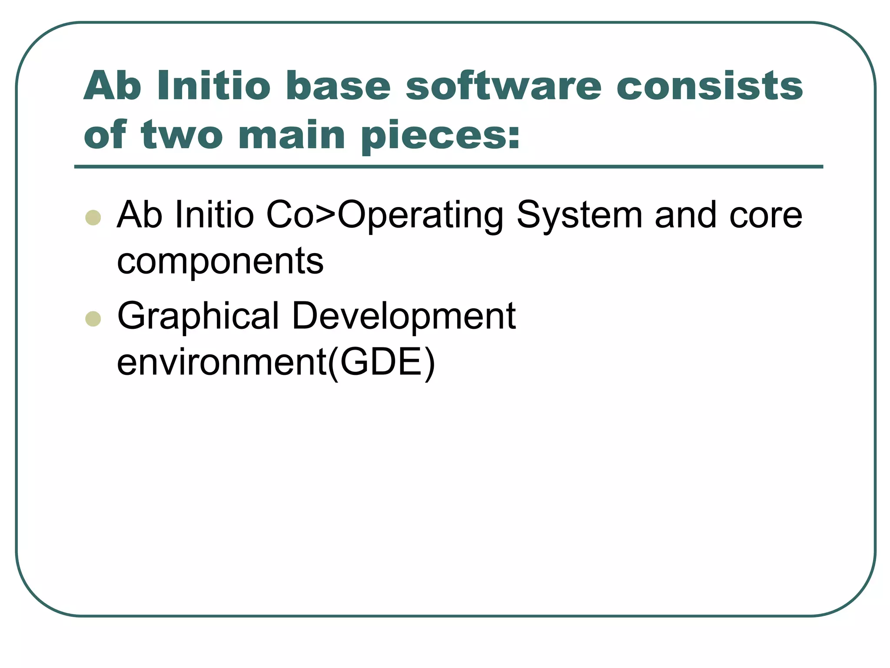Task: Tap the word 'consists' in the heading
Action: point(709,86)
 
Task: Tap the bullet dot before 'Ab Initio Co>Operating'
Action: point(93,217)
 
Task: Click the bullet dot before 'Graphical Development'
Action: point(93,319)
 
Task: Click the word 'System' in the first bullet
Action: point(579,216)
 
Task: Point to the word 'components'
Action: point(220,262)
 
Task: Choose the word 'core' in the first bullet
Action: point(765,216)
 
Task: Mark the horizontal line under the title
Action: point(448,167)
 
